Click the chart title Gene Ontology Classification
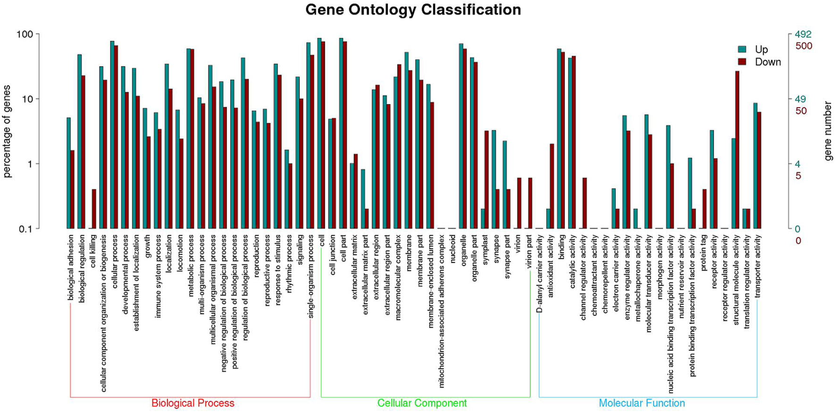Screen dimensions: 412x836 click(413, 10)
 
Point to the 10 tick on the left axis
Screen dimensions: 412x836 click(27, 99)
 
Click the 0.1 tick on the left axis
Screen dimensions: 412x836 click(25, 229)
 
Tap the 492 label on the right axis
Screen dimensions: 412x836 click(803, 34)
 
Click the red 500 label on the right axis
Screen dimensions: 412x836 click(803, 46)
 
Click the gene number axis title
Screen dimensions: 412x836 click(828, 131)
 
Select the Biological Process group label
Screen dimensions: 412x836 click(192, 403)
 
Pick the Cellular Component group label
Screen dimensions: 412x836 click(422, 403)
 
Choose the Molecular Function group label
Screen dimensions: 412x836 click(642, 403)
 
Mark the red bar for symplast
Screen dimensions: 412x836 click(486, 180)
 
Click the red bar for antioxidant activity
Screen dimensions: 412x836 click(552, 186)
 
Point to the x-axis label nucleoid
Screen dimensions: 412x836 click(453, 249)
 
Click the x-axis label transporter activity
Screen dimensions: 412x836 click(758, 266)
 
